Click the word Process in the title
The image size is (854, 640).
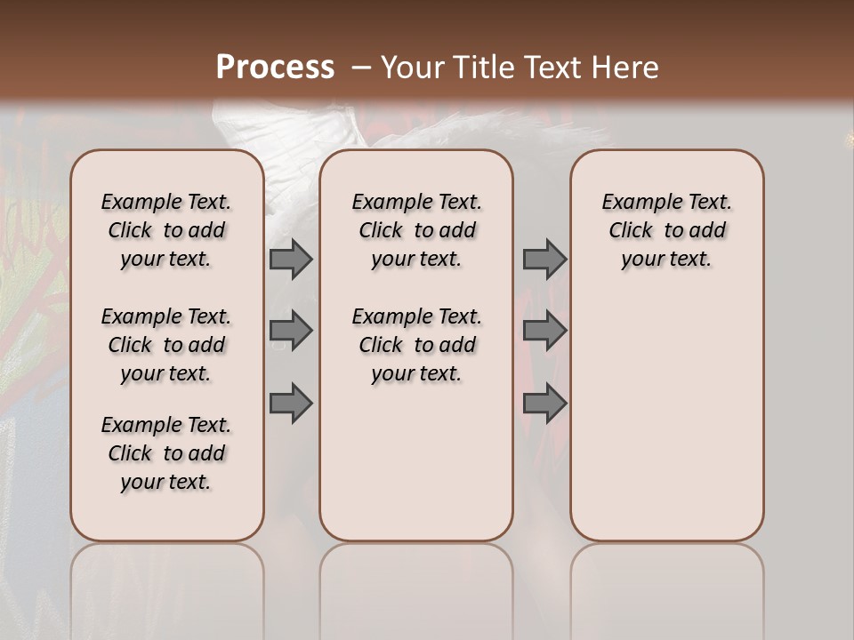275,68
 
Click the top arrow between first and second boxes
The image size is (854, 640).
291,260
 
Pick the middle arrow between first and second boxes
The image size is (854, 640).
291,331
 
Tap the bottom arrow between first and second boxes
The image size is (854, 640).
291,404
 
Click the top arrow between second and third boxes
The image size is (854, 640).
544,260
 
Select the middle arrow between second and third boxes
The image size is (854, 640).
544,331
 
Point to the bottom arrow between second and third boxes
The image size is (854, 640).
544,404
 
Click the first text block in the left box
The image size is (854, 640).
166,230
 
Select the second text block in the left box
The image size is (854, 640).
166,345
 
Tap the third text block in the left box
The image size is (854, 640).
166,453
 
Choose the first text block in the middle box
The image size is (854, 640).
416,230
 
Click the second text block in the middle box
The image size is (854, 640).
416,345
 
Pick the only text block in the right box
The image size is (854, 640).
666,230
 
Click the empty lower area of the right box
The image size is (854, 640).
666,418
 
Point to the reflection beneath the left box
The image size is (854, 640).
166,578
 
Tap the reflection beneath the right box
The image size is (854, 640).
666,578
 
